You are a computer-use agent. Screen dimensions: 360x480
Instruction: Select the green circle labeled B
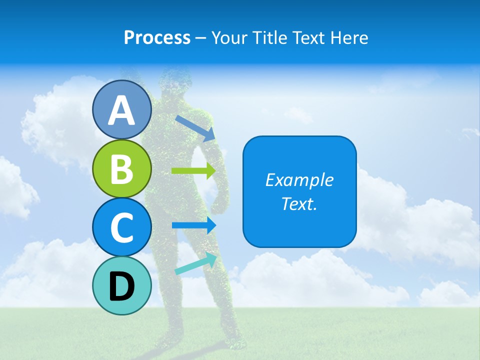(122, 168)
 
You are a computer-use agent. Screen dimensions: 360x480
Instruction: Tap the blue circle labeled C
(122, 227)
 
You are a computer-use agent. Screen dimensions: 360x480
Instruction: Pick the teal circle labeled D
(122, 285)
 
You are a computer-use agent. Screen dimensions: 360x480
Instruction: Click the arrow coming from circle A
(195, 128)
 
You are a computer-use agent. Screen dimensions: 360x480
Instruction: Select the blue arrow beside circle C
(193, 225)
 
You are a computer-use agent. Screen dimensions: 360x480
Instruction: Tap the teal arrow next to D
(196, 264)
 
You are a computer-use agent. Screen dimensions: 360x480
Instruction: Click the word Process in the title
(157, 37)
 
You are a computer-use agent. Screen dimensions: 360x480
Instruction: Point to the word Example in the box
(299, 180)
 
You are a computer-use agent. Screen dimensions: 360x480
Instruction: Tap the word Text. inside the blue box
(299, 203)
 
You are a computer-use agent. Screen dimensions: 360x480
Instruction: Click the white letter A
(122, 110)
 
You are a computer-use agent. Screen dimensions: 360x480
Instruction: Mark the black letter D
(122, 286)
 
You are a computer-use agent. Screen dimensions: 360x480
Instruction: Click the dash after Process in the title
(201, 38)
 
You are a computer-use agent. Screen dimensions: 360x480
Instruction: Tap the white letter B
(122, 169)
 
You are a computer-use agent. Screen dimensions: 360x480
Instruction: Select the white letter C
(122, 227)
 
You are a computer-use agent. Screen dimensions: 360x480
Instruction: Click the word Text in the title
(308, 37)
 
